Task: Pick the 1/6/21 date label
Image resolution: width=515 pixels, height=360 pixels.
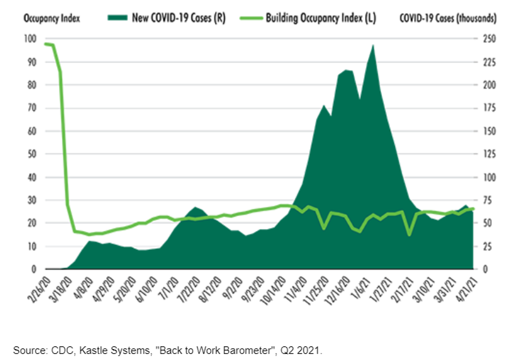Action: [363, 285]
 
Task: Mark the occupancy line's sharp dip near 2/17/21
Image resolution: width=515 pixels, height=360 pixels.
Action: [409, 235]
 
